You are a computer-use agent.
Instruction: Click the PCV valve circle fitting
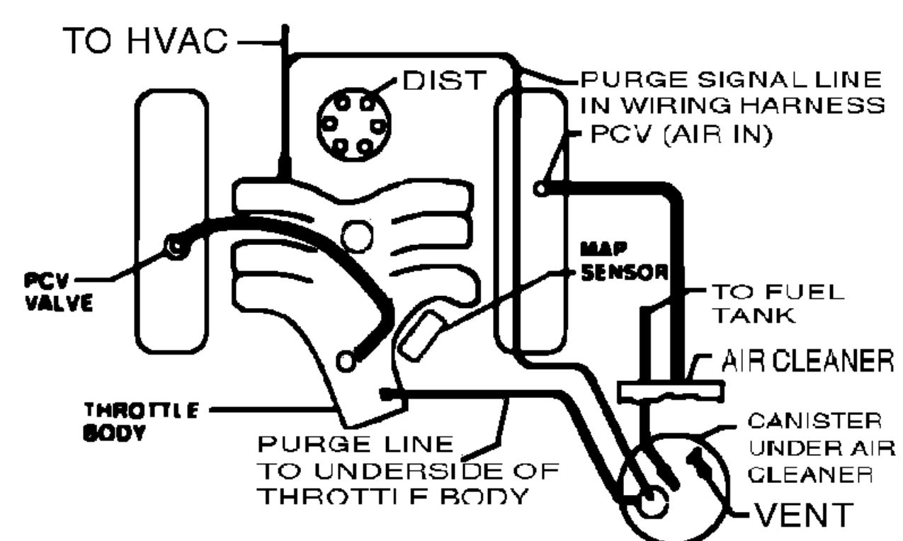(x=174, y=246)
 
